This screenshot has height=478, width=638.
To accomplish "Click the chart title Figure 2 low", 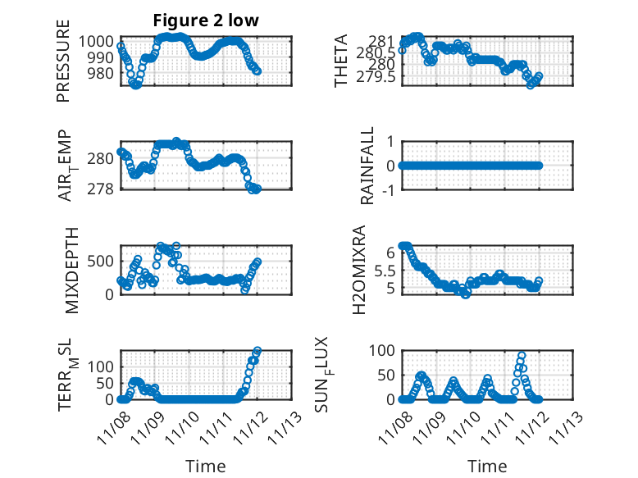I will pyautogui.click(x=206, y=21).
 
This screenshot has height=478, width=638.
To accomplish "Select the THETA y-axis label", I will pyautogui.click(x=342, y=61).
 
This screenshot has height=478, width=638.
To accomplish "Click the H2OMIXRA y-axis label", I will pyautogui.click(x=358, y=269).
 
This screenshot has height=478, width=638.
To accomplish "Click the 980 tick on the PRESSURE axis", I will pyautogui.click(x=104, y=73).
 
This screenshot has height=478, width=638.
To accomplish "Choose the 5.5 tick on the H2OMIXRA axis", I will pyautogui.click(x=384, y=271).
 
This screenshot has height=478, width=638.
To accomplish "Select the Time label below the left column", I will pyautogui.click(x=206, y=466).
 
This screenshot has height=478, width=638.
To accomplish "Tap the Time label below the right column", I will pyautogui.click(x=487, y=466).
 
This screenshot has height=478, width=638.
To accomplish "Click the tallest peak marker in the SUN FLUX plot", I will pyautogui.click(x=522, y=356).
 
